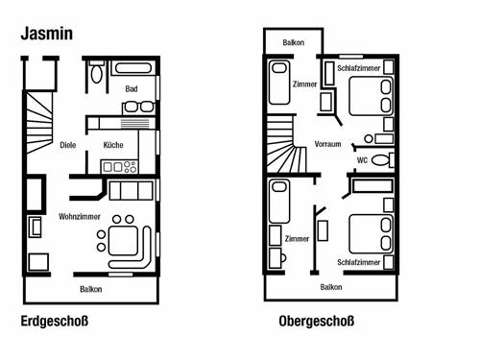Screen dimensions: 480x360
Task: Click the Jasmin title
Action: [x=47, y=34]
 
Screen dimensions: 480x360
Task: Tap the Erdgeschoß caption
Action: [x=55, y=322]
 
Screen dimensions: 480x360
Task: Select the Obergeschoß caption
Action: [x=317, y=322]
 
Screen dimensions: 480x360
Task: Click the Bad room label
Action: [x=132, y=88]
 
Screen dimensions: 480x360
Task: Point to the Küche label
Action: [x=113, y=145]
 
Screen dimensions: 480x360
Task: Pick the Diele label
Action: [x=68, y=145]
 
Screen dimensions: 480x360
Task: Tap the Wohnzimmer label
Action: [x=80, y=217]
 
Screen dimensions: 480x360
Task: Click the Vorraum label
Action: [x=327, y=144]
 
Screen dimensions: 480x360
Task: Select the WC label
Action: [x=362, y=160]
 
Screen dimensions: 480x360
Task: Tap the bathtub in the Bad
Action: [x=133, y=68]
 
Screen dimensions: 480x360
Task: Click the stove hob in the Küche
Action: [x=119, y=167]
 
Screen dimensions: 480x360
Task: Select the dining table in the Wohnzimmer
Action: [x=123, y=241]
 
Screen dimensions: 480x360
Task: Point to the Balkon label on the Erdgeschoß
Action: [x=91, y=289]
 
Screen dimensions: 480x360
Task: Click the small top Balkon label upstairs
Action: [x=294, y=42]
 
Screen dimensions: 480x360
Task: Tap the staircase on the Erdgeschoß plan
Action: [x=39, y=123]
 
